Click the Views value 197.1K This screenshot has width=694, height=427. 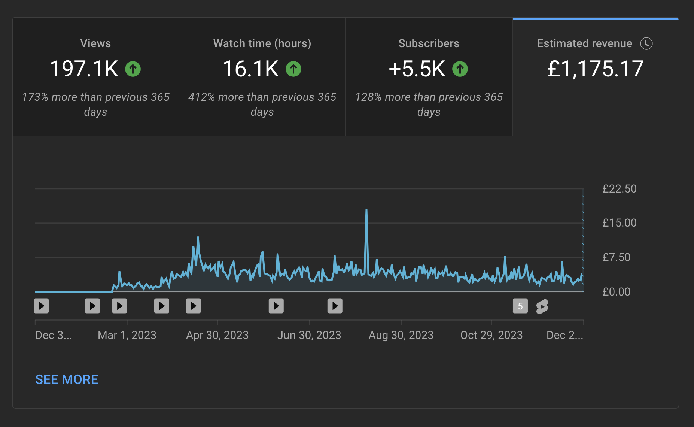pyautogui.click(x=84, y=69)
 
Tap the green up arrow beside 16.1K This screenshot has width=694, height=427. pyautogui.click(x=293, y=69)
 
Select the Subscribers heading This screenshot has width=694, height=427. pyautogui.click(x=429, y=43)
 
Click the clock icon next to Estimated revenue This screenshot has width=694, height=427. pyautogui.click(x=646, y=43)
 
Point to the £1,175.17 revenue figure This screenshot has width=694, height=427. pyautogui.click(x=595, y=69)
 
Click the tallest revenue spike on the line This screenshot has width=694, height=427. pyautogui.click(x=366, y=211)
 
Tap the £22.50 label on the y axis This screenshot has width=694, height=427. pyautogui.click(x=619, y=188)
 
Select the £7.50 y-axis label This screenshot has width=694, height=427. pyautogui.click(x=616, y=257)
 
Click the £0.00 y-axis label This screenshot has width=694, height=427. pyautogui.click(x=616, y=291)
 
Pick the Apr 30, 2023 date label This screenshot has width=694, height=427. pyautogui.click(x=217, y=335)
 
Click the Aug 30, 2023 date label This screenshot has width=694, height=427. pyautogui.click(x=401, y=335)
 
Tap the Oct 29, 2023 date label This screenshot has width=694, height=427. pyautogui.click(x=491, y=335)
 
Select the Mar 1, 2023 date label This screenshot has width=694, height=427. pyautogui.click(x=127, y=335)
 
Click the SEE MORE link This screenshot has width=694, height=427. pyautogui.click(x=67, y=379)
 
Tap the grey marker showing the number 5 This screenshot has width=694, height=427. pyautogui.click(x=520, y=306)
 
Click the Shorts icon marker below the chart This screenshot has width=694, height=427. pyautogui.click(x=542, y=306)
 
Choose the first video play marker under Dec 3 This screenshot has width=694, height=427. pyautogui.click(x=41, y=306)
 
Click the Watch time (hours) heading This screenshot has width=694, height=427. pyautogui.click(x=262, y=43)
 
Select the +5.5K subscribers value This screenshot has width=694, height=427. pyautogui.click(x=417, y=69)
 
